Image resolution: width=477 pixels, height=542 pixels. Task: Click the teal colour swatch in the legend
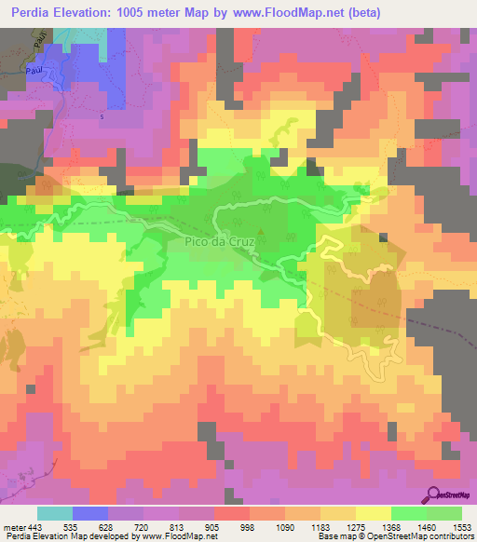coord(55,513)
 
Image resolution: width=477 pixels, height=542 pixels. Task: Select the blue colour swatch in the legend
coord(90,513)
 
